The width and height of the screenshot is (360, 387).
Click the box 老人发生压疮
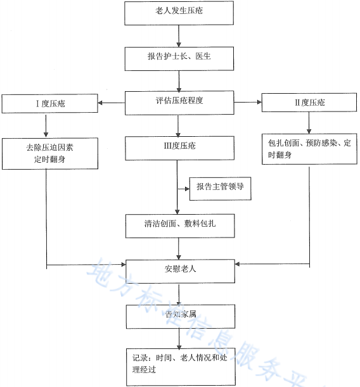coord(179,13)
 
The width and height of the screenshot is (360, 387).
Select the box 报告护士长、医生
coord(179,58)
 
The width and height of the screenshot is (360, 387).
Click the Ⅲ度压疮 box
coord(179,148)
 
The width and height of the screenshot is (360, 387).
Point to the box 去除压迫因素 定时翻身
coord(49,153)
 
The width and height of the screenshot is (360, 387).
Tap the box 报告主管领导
coord(221,187)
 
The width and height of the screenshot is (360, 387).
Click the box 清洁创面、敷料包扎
coord(179,224)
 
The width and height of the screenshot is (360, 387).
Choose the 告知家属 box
coord(179,314)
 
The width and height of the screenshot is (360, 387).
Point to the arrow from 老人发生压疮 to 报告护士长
coord(179,35)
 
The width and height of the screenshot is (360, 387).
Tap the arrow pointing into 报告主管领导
coord(183,187)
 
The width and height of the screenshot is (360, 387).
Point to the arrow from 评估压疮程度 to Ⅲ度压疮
coord(179,125)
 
